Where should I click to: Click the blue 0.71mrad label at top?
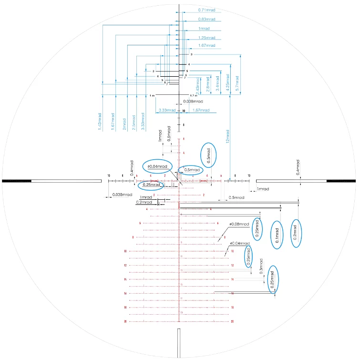click(x=206, y=10)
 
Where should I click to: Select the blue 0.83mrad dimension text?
click(x=206, y=19)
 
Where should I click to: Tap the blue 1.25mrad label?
click(x=206, y=37)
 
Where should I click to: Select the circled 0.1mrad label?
click(x=277, y=235)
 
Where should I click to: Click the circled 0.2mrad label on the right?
click(x=296, y=234)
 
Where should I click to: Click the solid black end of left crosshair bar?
click(x=17, y=181)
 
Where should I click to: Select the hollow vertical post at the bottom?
click(x=179, y=343)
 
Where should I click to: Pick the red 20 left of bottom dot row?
click(x=125, y=321)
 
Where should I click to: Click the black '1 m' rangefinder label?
click(x=152, y=96)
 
